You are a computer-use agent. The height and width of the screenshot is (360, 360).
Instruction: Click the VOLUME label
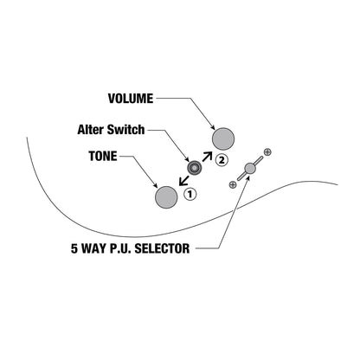pyautogui.click(x=131, y=99)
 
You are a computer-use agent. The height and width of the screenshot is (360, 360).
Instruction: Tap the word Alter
pyautogui.click(x=91, y=130)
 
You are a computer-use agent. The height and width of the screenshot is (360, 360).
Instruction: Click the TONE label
pyautogui.click(x=103, y=156)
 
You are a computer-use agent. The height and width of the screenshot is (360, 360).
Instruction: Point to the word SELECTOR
pyautogui.click(x=162, y=248)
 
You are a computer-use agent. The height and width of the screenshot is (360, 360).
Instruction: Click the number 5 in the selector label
pyautogui.click(x=74, y=248)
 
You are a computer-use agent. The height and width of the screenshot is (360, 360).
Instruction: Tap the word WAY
pyautogui.click(x=93, y=248)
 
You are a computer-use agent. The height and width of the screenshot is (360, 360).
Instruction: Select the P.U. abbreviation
pyautogui.click(x=120, y=248)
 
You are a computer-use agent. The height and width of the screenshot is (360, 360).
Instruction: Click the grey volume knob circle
pyautogui.click(x=223, y=139)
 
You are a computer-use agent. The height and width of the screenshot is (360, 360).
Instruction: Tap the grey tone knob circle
pyautogui.click(x=166, y=196)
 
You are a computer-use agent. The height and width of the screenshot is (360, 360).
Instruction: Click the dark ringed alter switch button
pyautogui.click(x=194, y=168)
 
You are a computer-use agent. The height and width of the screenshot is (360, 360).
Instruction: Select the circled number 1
pyautogui.click(x=190, y=194)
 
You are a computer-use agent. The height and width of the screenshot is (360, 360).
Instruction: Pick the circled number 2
pyautogui.click(x=222, y=160)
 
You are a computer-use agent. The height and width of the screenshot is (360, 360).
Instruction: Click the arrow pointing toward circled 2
pyautogui.click(x=207, y=157)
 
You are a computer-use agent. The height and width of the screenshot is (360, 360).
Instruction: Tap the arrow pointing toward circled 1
pyautogui.click(x=183, y=181)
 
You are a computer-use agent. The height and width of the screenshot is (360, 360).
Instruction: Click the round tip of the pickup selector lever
pyautogui.click(x=250, y=168)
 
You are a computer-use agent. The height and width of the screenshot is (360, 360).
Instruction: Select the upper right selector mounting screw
pyautogui.click(x=267, y=151)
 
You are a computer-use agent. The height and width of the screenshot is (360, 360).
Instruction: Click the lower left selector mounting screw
pyautogui.click(x=233, y=184)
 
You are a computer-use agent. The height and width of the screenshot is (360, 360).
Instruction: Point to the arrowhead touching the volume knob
pyautogui.click(x=213, y=127)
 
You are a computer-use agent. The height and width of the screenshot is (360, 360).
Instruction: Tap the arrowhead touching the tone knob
pyautogui.click(x=155, y=185)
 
